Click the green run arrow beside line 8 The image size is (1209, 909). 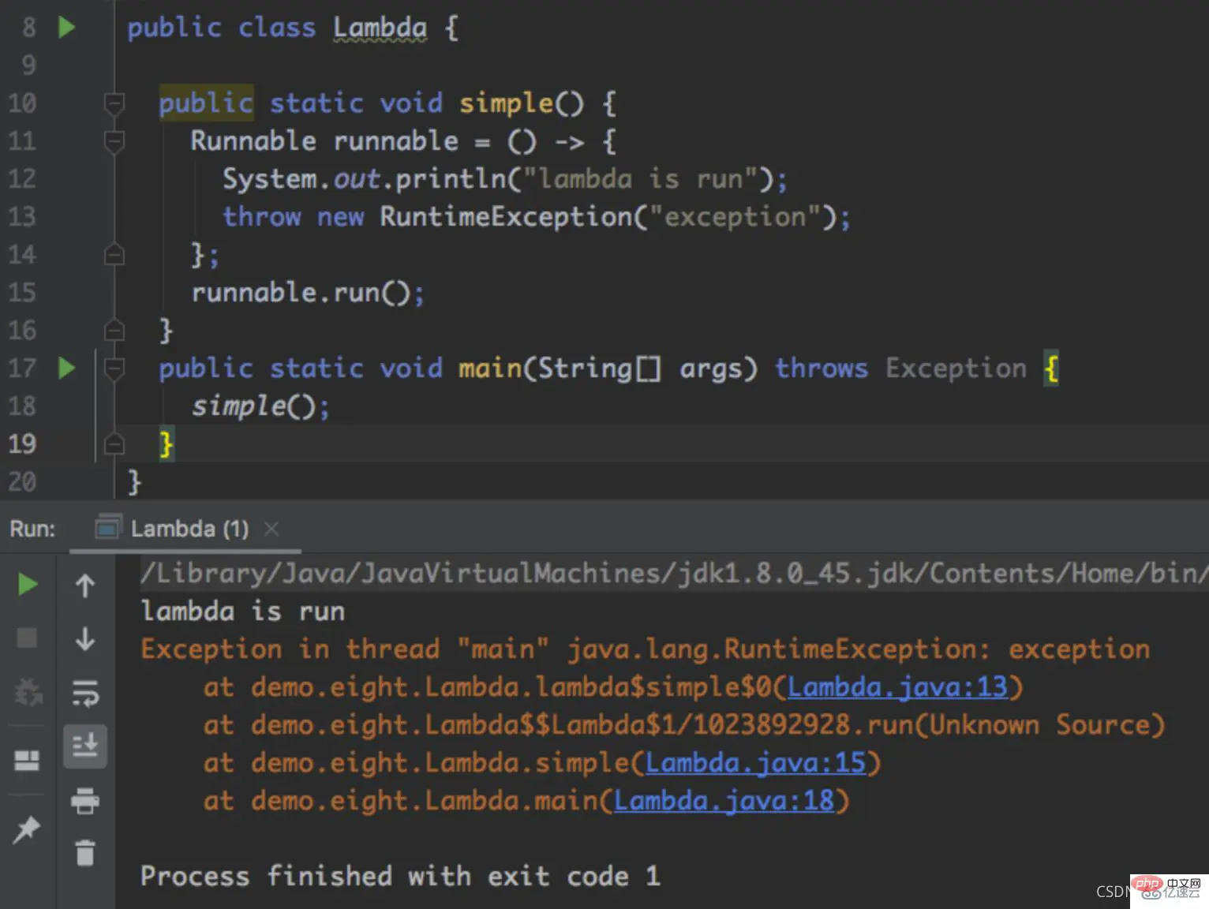click(x=66, y=28)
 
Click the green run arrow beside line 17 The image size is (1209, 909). click(x=66, y=368)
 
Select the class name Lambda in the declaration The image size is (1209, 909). click(x=380, y=28)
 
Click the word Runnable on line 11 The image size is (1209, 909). click(x=253, y=141)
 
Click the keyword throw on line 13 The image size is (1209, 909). click(x=261, y=217)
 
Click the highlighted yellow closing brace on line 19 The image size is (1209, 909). click(x=166, y=443)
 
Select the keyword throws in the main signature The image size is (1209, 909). click(x=821, y=368)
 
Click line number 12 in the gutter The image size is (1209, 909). click(x=22, y=178)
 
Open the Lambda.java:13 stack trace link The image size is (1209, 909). click(x=897, y=687)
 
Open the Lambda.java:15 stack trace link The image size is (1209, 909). click(x=755, y=763)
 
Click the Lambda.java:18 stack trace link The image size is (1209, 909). click(x=724, y=801)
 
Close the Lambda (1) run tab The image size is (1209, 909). click(x=271, y=529)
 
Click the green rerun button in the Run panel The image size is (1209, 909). click(x=28, y=585)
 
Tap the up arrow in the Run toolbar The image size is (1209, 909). click(x=85, y=585)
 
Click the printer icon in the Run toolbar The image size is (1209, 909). click(x=85, y=801)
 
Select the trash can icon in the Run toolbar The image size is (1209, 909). click(x=85, y=852)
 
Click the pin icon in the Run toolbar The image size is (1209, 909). click(x=27, y=829)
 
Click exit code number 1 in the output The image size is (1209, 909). click(x=653, y=876)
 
